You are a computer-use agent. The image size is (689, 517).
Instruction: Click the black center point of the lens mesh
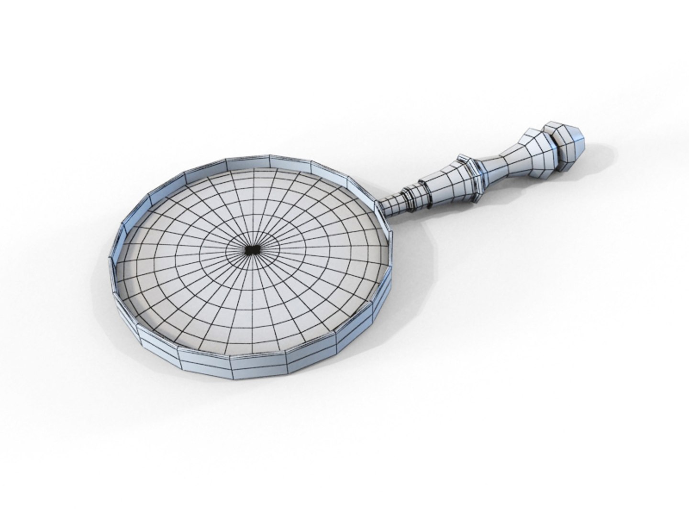coord(250,249)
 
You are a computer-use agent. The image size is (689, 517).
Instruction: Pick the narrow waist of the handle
coord(498,162)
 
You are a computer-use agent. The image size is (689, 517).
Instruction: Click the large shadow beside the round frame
coord(411,287)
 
